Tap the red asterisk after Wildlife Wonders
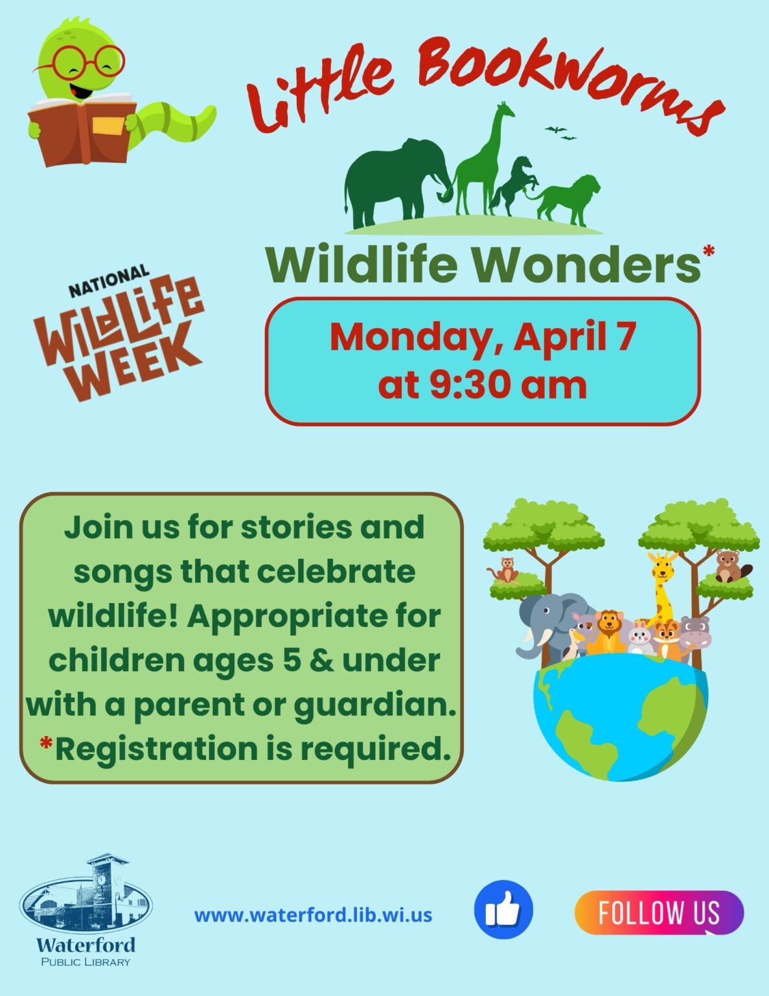click(x=709, y=251)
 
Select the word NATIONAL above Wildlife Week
click(x=109, y=281)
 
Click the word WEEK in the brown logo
click(x=137, y=364)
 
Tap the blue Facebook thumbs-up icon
click(x=503, y=910)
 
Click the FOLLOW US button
click(x=659, y=912)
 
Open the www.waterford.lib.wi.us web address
click(x=313, y=916)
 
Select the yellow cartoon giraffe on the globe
click(x=662, y=591)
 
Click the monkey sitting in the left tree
click(x=505, y=570)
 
